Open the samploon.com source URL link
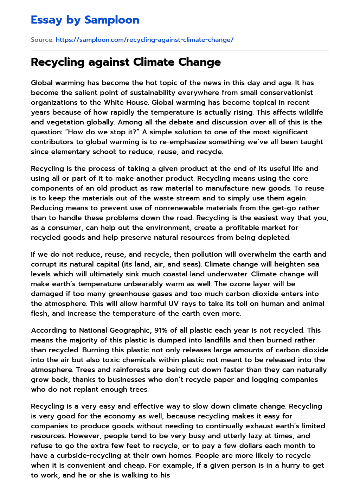[144, 40]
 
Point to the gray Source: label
[42, 40]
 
